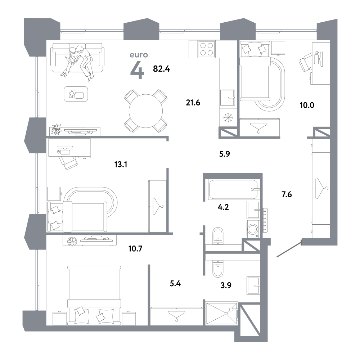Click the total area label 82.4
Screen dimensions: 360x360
[161, 69]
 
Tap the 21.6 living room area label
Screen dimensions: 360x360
[193, 103]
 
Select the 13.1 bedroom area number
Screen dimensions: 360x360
[121, 165]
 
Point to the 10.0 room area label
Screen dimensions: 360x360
[307, 105]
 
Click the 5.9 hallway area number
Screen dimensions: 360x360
[224, 154]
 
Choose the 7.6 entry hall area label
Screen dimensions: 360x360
[287, 194]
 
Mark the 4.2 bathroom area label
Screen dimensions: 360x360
[223, 207]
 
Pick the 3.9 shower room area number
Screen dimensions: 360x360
[226, 285]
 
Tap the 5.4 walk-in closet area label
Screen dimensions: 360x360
[175, 284]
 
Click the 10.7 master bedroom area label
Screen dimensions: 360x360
[135, 248]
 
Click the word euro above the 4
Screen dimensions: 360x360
[139, 55]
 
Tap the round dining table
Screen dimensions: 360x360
[146, 111]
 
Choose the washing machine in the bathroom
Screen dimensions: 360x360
[253, 229]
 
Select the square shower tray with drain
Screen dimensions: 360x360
[221, 314]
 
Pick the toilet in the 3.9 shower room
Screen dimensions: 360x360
[218, 269]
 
